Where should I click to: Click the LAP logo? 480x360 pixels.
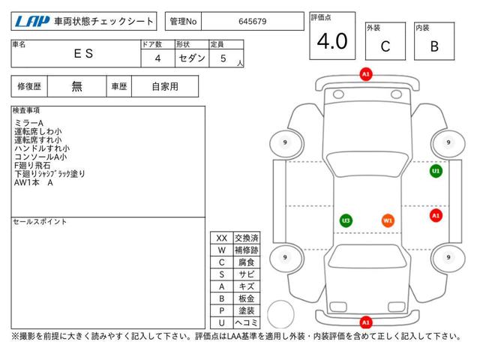click(x=32, y=21)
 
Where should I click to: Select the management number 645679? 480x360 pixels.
click(x=253, y=22)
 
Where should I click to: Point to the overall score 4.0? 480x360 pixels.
click(x=332, y=41)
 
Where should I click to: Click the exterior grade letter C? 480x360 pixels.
click(x=385, y=46)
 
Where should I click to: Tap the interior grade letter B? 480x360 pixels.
click(x=434, y=46)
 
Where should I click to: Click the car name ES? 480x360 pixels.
click(x=83, y=53)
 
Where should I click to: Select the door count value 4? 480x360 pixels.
click(x=157, y=58)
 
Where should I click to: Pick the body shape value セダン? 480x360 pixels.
click(x=192, y=58)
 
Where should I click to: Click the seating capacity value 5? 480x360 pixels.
click(x=223, y=58)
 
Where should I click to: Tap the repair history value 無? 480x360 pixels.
click(x=76, y=87)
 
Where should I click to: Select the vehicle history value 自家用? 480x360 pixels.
click(x=165, y=87)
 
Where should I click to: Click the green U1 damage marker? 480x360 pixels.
click(x=436, y=171)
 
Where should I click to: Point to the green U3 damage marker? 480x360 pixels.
click(x=346, y=220)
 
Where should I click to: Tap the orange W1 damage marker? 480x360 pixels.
click(x=388, y=220)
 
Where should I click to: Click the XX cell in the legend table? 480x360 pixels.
click(x=222, y=238)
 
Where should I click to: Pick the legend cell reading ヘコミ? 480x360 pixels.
click(x=247, y=322)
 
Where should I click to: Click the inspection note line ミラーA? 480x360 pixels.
click(x=28, y=123)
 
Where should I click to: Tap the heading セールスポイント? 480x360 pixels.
click(x=40, y=222)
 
